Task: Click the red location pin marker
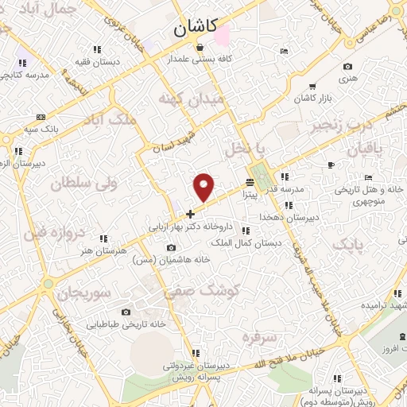click(x=205, y=186)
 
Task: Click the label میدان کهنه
click(x=192, y=99)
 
